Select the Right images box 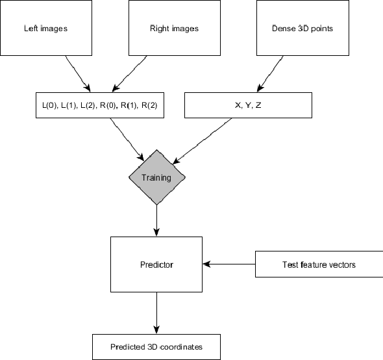174,29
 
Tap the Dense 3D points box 302,29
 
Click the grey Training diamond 156,177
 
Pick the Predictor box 156,264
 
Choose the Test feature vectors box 319,264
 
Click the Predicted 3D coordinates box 156,347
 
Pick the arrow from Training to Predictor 156,220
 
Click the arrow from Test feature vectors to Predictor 230,264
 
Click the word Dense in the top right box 283,29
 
